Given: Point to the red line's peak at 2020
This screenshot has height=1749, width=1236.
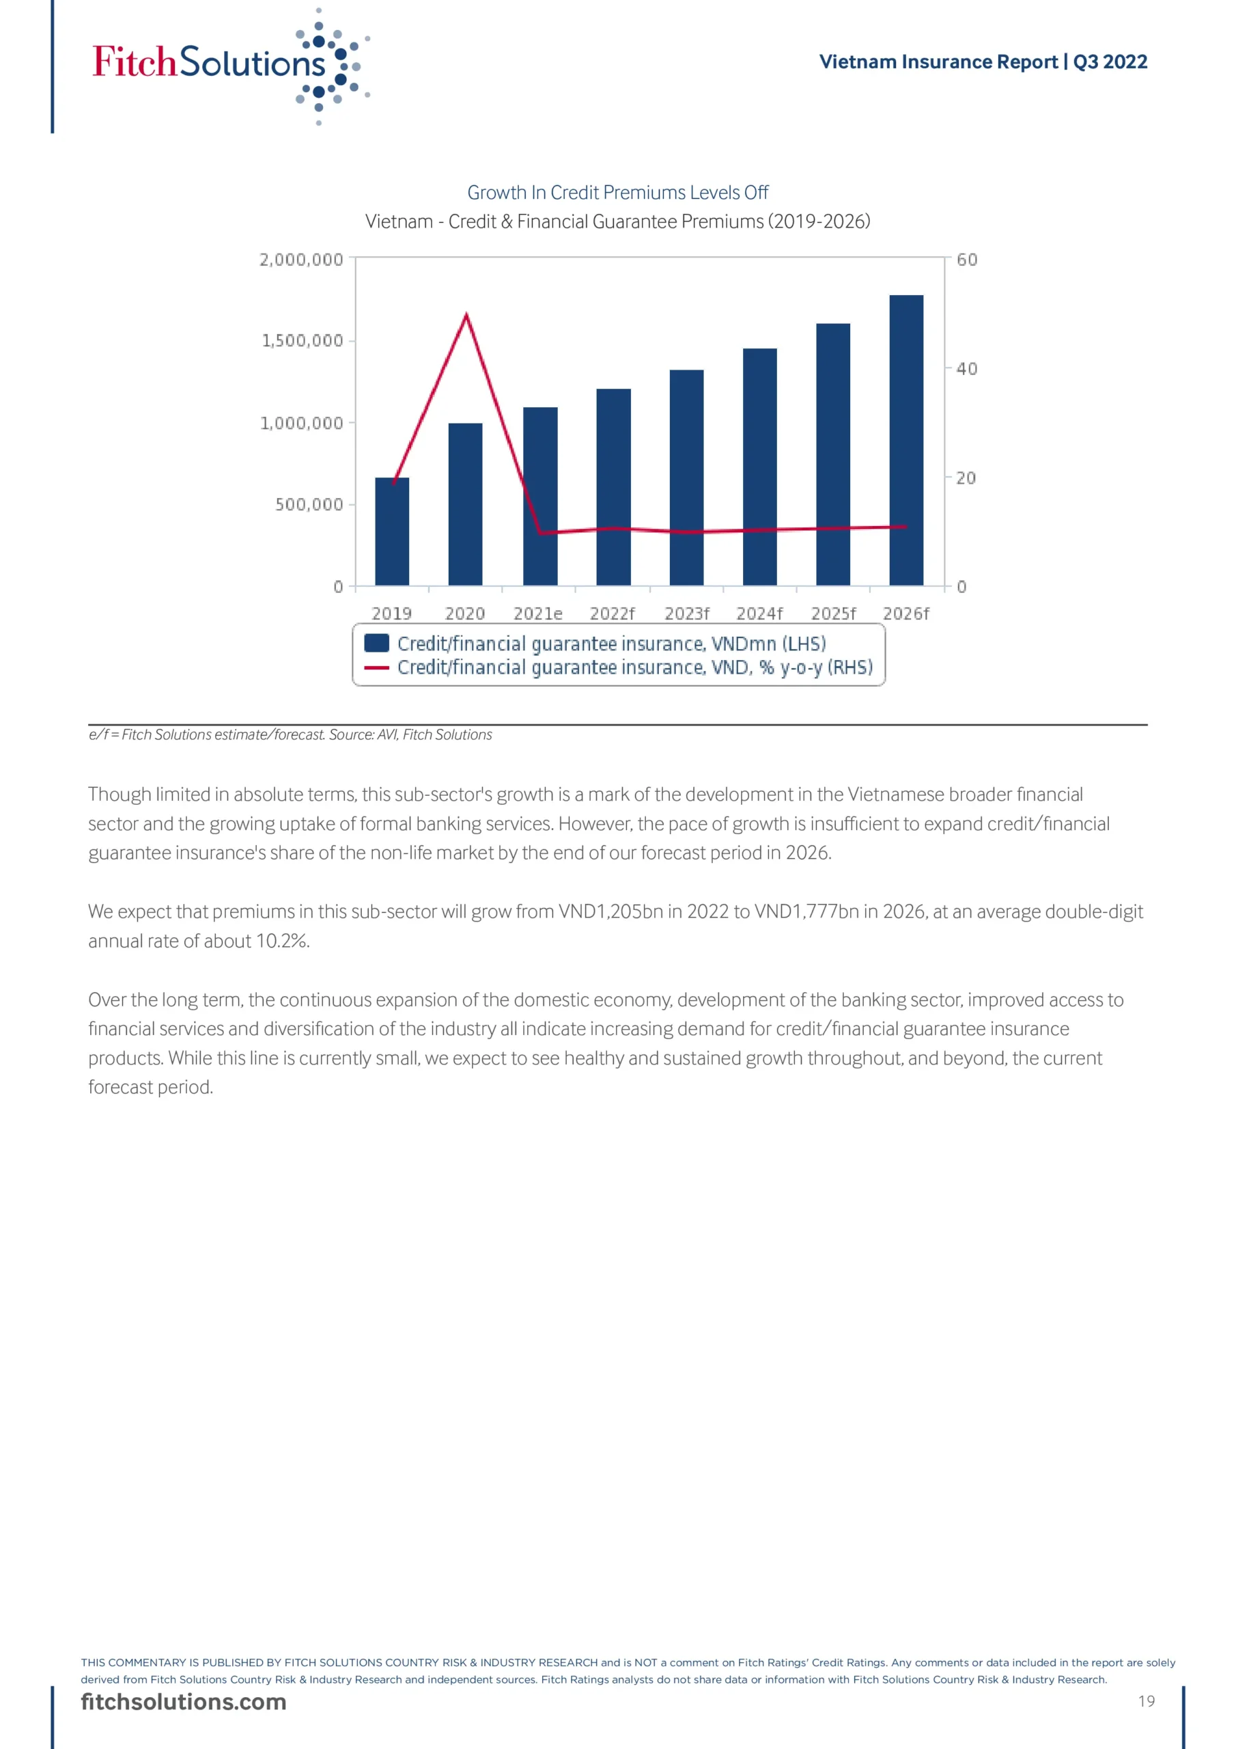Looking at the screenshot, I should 466,314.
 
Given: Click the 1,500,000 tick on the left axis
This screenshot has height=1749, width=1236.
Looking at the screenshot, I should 303,340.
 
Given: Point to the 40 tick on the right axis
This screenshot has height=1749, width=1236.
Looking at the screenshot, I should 966,369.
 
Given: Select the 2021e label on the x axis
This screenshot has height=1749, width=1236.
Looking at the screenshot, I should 537,614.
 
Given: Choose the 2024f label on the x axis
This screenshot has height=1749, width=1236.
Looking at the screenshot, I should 759,614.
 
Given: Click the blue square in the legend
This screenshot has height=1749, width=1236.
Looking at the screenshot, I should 376,643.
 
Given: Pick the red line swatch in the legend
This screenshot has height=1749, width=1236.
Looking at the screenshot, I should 376,667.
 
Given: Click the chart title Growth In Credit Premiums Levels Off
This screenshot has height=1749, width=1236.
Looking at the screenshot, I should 617,193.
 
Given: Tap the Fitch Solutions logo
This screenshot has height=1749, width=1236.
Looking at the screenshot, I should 229,64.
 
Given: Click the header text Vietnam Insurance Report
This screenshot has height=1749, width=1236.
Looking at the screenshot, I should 938,61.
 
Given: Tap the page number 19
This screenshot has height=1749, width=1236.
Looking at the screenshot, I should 1146,1701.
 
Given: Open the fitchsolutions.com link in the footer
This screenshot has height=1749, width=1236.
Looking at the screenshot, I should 184,1702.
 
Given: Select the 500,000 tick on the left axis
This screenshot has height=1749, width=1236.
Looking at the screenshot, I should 309,504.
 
